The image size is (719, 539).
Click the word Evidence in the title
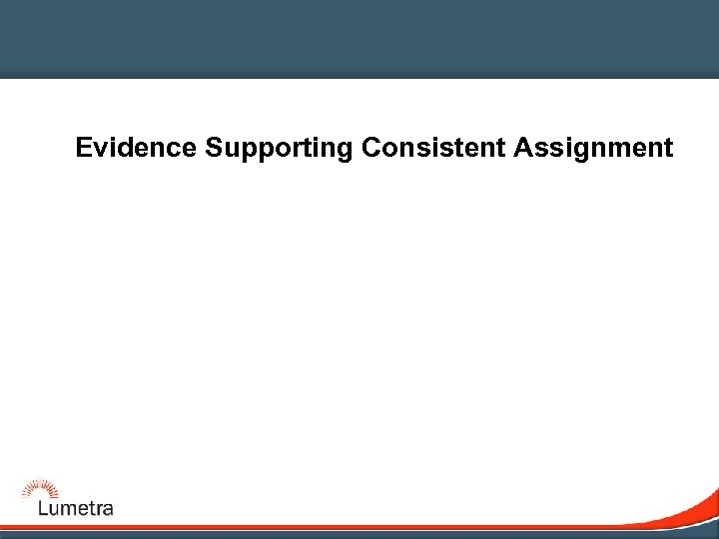137,149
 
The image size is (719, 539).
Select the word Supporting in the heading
279,150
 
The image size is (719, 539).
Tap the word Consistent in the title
434,149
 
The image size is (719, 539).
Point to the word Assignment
594,150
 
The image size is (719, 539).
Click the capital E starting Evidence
84,149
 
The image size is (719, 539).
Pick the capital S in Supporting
214,149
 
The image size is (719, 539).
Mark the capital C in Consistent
371,149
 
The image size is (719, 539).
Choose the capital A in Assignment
523,149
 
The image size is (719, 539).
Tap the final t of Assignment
668,149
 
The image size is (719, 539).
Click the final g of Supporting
345,152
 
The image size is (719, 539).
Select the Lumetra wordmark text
76,508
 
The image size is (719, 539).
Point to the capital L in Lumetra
42,507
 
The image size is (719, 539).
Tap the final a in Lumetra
107,509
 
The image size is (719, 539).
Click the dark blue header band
359,38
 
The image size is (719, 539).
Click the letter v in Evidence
103,150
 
